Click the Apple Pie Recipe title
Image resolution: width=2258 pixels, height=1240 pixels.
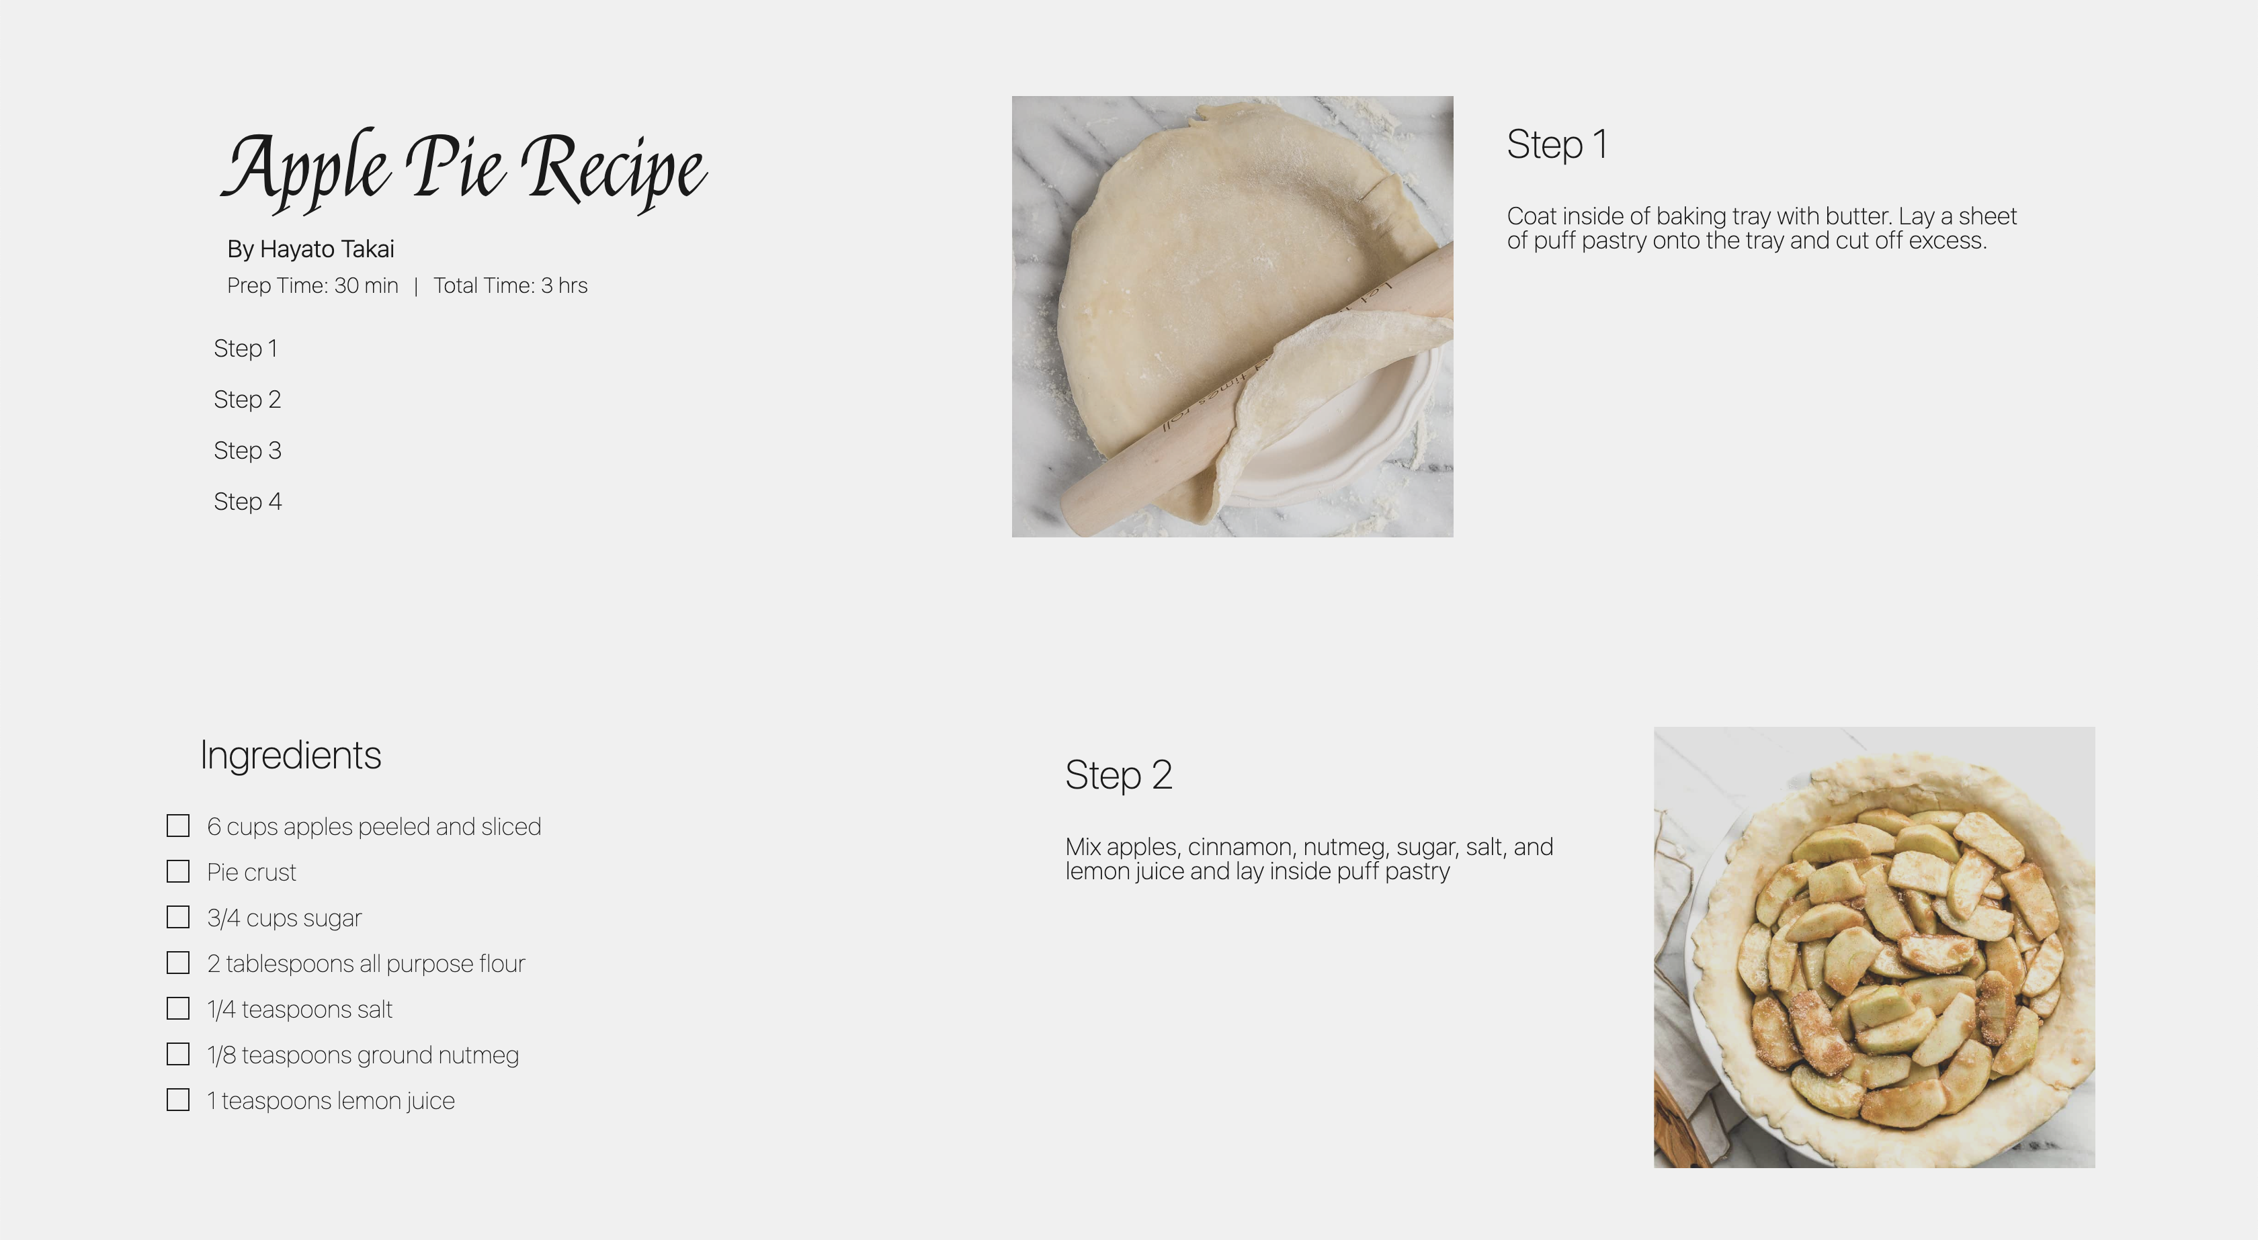pyautogui.click(x=464, y=168)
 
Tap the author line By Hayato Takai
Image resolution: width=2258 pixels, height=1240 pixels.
pyautogui.click(x=310, y=250)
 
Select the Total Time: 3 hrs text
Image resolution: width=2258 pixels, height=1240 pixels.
pyautogui.click(x=510, y=285)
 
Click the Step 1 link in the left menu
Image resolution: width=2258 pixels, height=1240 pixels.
pyautogui.click(x=245, y=349)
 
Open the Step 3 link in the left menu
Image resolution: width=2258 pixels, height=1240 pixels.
pyautogui.click(x=247, y=451)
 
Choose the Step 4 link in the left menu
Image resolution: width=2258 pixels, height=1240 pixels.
pyautogui.click(x=247, y=501)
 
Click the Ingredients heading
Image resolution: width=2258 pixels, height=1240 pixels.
pyautogui.click(x=290, y=756)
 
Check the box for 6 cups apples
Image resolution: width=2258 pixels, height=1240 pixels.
pyautogui.click(x=178, y=826)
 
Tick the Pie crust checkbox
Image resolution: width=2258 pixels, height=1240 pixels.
pyautogui.click(x=178, y=871)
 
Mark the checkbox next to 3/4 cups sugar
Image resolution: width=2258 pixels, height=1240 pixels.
pyautogui.click(x=178, y=917)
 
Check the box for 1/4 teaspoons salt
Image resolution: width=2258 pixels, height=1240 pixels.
pyautogui.click(x=178, y=1009)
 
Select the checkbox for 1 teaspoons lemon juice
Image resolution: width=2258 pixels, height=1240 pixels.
pyautogui.click(x=178, y=1100)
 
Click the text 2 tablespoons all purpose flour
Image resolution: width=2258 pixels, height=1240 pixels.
pyautogui.click(x=366, y=964)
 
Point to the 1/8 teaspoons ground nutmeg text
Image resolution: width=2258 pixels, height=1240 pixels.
pyautogui.click(x=362, y=1055)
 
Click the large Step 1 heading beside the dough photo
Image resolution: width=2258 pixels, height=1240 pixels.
pyautogui.click(x=1557, y=144)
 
